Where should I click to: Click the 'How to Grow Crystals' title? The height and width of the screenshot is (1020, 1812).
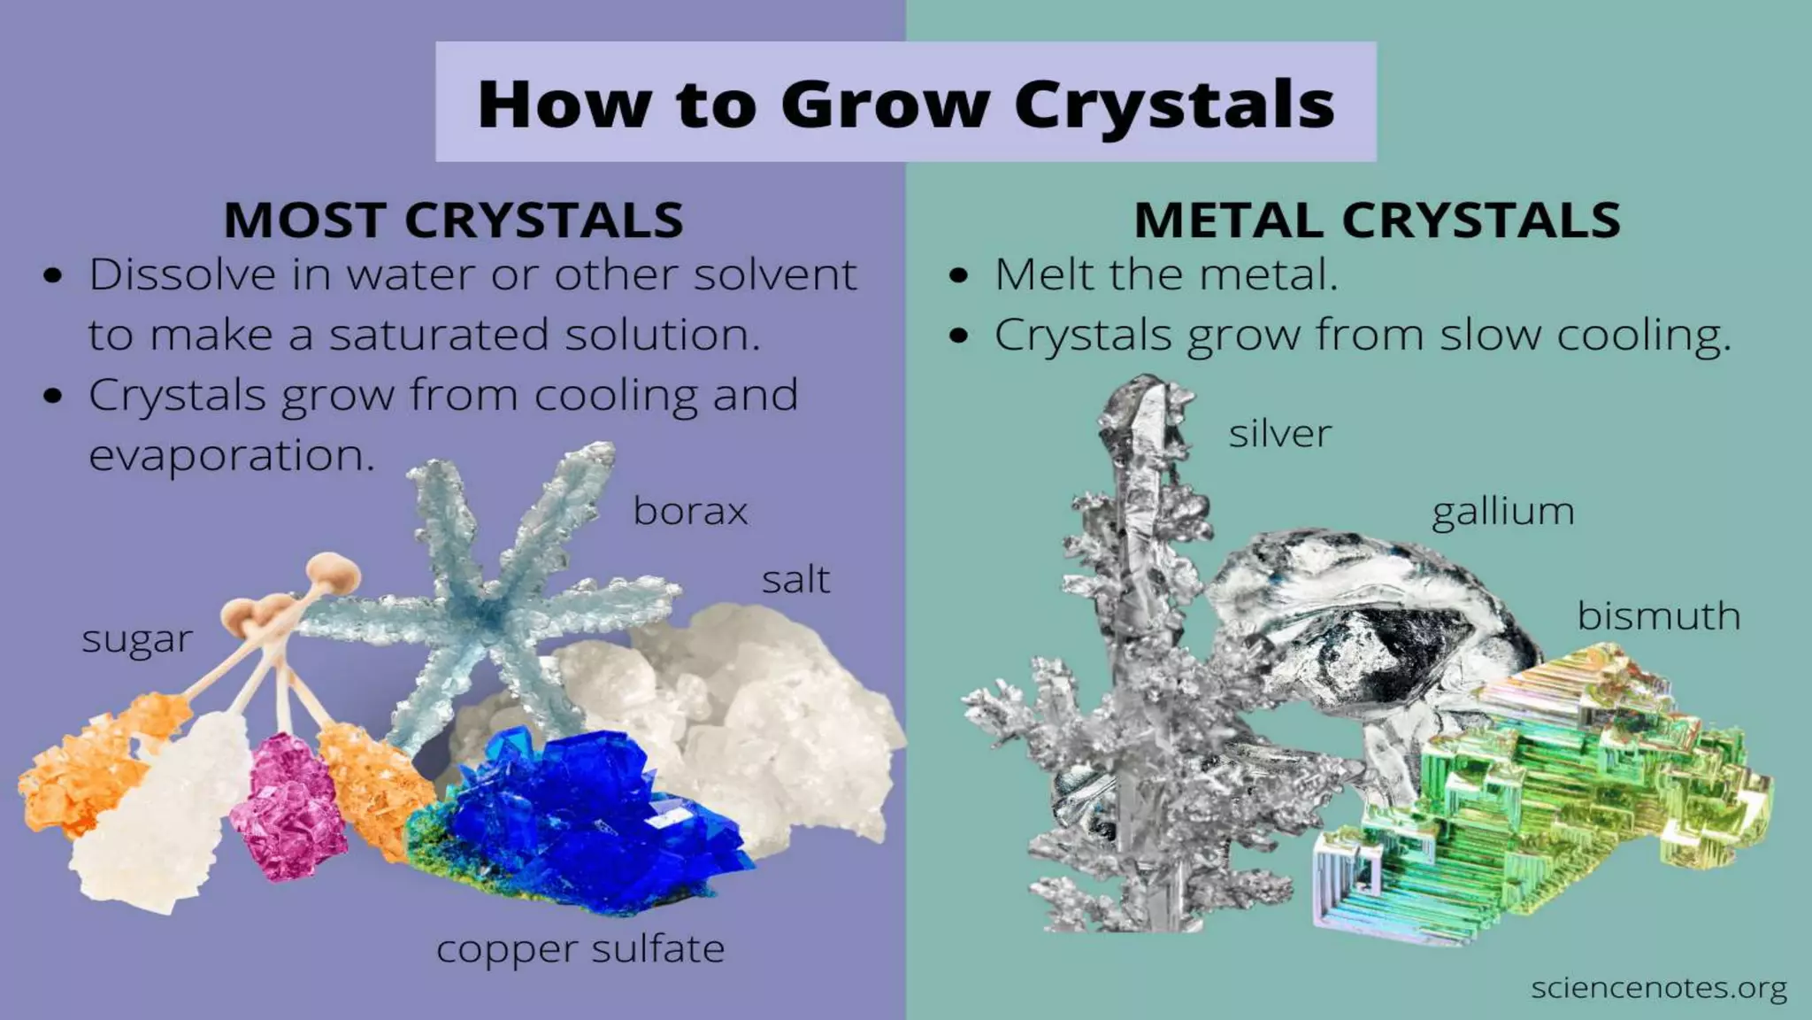pos(905,104)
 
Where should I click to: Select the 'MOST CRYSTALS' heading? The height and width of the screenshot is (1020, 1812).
pos(453,220)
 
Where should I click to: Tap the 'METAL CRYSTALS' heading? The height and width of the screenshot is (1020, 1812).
pos(1377,220)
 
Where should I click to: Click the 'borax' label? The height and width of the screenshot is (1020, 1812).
pos(690,512)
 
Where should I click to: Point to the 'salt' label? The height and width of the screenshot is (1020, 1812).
pos(795,581)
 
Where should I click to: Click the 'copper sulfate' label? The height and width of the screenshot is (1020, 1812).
pos(580,950)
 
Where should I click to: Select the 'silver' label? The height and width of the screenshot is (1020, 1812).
pos(1279,434)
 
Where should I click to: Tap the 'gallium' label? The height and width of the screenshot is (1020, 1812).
pos(1503,513)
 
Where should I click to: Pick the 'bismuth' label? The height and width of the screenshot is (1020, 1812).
pos(1659,616)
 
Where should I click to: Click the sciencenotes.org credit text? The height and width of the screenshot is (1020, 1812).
pos(1658,988)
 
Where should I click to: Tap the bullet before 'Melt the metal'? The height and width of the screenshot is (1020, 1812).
pos(958,275)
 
